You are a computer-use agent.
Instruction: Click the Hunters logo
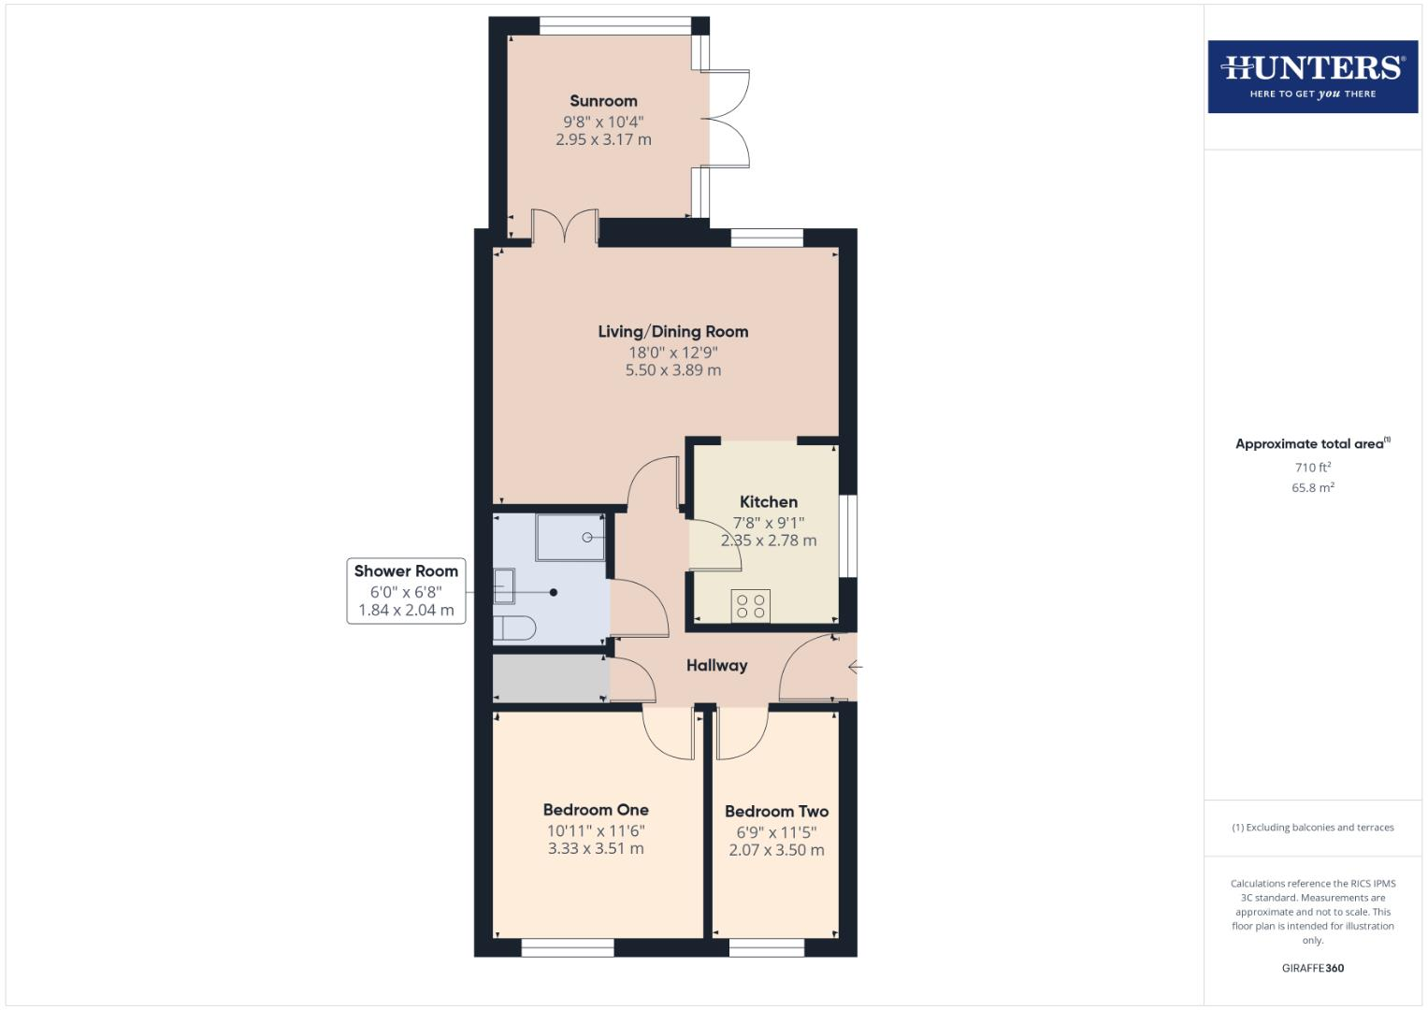point(1312,77)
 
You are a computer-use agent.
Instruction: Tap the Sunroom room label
point(603,101)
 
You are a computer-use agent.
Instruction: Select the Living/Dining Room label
point(672,331)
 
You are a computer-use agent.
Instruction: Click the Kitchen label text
point(768,502)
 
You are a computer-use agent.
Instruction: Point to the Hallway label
point(716,666)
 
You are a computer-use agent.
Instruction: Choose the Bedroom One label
point(596,810)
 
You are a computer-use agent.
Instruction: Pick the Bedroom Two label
point(776,812)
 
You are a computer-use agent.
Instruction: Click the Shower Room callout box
point(406,590)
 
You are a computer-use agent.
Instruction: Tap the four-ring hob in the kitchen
point(750,606)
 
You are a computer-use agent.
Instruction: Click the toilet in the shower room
point(514,628)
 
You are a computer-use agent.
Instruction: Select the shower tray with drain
point(570,537)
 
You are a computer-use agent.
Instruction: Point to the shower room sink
point(504,586)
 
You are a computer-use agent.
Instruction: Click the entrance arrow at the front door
point(855,667)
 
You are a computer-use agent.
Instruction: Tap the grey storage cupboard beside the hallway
point(550,679)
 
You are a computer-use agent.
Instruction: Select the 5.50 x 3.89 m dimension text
point(672,370)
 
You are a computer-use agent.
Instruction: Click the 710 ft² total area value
point(1312,468)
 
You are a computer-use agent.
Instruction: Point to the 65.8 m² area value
point(1312,487)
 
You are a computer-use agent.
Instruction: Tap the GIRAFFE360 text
point(1312,968)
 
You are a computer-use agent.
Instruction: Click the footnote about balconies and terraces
point(1312,828)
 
